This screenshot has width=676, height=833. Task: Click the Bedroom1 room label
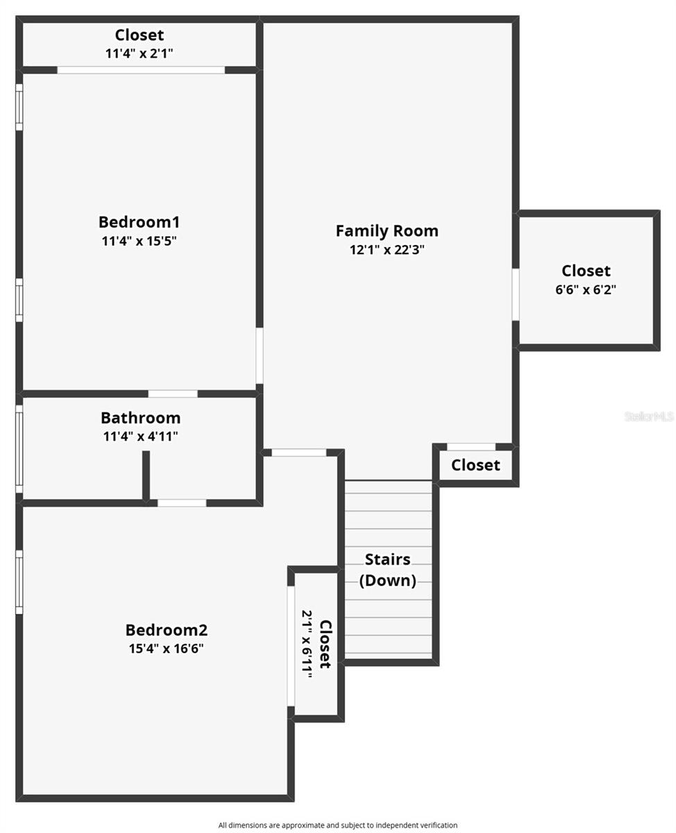pyautogui.click(x=139, y=222)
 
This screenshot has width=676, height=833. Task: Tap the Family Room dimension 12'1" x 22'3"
pyautogui.click(x=387, y=250)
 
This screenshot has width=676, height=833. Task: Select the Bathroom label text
pyautogui.click(x=140, y=418)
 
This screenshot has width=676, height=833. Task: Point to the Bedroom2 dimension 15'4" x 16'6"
pyautogui.click(x=166, y=649)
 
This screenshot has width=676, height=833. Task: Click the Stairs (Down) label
pyautogui.click(x=387, y=569)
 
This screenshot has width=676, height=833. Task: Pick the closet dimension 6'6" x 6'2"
pyautogui.click(x=586, y=290)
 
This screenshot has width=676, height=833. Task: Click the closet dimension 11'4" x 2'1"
pyautogui.click(x=140, y=53)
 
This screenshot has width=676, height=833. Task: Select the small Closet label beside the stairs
pyautogui.click(x=475, y=465)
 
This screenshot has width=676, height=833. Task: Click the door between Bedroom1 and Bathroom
pyautogui.click(x=173, y=394)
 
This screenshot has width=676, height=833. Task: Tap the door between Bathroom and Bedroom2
pyautogui.click(x=182, y=503)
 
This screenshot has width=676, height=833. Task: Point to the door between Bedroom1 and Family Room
pyautogui.click(x=260, y=355)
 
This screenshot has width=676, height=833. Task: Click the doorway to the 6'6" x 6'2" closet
pyautogui.click(x=516, y=294)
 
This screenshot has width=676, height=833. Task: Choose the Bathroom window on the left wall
pyautogui.click(x=19, y=449)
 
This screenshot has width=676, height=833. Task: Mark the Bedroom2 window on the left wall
pyautogui.click(x=19, y=582)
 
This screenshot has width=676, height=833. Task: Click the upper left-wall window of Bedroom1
pyautogui.click(x=19, y=107)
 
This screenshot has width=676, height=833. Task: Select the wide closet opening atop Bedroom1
pyautogui.click(x=141, y=69)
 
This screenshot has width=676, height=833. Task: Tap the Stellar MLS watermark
pyautogui.click(x=648, y=416)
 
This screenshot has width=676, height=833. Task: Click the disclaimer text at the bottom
pyautogui.click(x=338, y=825)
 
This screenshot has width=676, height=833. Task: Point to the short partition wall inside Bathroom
pyautogui.click(x=146, y=475)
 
